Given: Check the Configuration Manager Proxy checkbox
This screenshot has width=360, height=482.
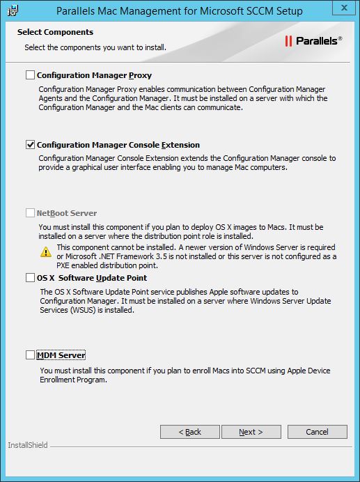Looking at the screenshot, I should (x=30, y=75).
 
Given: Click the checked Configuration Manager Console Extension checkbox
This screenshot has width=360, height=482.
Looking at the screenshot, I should (x=30, y=145).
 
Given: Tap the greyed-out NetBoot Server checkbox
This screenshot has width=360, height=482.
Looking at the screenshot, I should (x=30, y=213).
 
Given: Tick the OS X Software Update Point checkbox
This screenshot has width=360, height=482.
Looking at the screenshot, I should (x=30, y=278).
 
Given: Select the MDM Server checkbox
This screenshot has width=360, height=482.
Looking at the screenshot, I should (x=30, y=355).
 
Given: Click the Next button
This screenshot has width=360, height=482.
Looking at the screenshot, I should (x=250, y=432).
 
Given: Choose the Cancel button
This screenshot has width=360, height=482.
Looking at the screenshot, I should (x=317, y=432).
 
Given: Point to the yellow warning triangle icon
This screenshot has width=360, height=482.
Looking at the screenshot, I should (x=46, y=251).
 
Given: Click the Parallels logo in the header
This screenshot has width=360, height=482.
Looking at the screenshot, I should (x=313, y=41).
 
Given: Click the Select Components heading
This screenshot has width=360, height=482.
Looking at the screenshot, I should (x=55, y=32).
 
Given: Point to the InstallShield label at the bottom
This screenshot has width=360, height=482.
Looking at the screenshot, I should (x=28, y=445).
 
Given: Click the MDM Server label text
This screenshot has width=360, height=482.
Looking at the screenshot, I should (x=61, y=355).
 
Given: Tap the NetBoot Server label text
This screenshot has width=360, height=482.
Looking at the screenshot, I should (x=67, y=213).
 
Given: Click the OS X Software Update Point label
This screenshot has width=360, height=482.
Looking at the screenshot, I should (x=92, y=278).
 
